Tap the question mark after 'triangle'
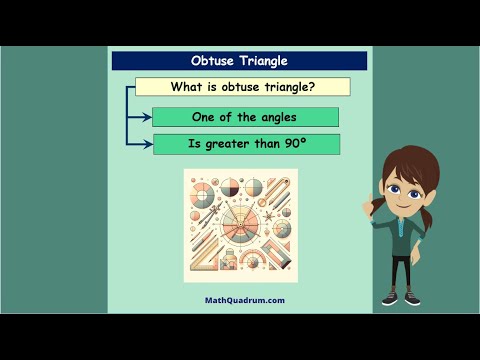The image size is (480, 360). (x=313, y=87)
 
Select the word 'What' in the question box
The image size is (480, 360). (x=188, y=87)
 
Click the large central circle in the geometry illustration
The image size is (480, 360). (x=240, y=222)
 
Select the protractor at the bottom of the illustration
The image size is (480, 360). (x=250, y=263)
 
